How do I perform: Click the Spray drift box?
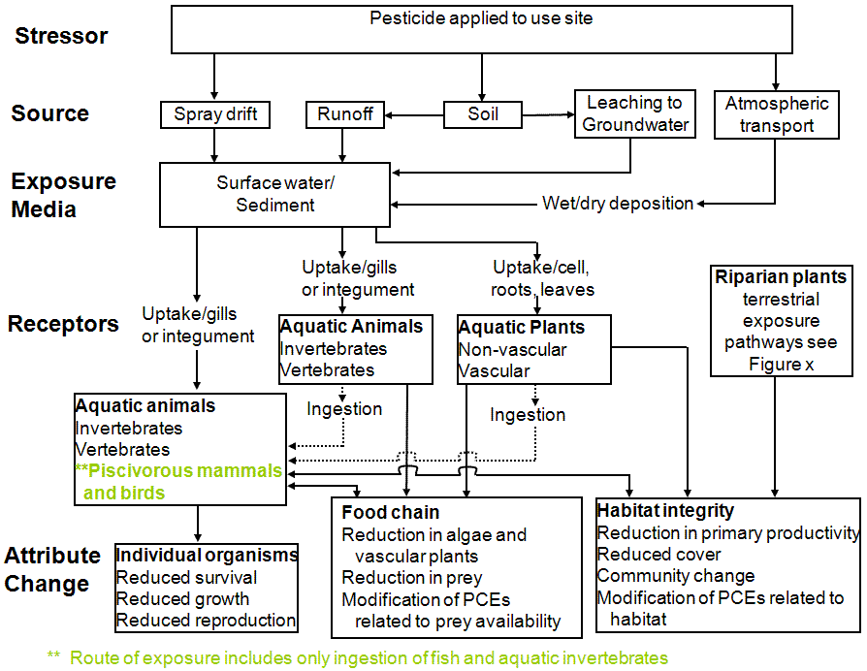point(215,114)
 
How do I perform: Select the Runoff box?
point(345,114)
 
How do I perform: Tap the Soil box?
point(483,114)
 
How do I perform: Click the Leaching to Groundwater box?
point(635,113)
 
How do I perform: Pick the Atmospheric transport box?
point(777,114)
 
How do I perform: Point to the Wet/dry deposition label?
point(617,204)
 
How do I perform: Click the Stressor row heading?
point(62,36)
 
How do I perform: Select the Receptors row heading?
point(63,324)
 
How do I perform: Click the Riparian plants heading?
point(781,277)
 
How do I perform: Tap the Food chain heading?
point(391,512)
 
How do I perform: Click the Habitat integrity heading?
point(665,510)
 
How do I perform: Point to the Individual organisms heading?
point(207,555)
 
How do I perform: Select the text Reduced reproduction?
point(206,621)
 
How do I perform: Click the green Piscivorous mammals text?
point(179,472)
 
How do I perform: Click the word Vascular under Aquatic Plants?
point(494,370)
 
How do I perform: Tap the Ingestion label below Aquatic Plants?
point(528,415)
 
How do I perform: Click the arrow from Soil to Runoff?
point(414,115)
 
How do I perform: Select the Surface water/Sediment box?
point(275,194)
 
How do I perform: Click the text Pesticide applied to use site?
point(481,18)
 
